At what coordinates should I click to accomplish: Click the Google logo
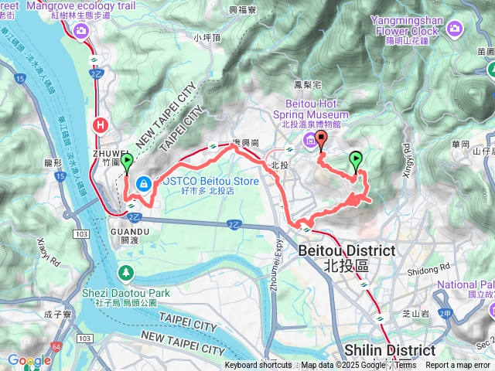pos(29,360)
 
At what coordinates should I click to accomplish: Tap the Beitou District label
pos(346,258)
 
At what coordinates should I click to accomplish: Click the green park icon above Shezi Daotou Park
pos(126,273)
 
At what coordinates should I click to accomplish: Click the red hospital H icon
pos(100,124)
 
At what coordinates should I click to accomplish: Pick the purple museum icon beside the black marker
pos(309,140)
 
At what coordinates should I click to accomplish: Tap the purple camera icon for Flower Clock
pos(454,30)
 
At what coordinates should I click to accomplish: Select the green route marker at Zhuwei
pos(126,161)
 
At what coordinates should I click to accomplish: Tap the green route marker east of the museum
pos(356,160)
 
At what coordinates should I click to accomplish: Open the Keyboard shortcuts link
pos(258,366)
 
